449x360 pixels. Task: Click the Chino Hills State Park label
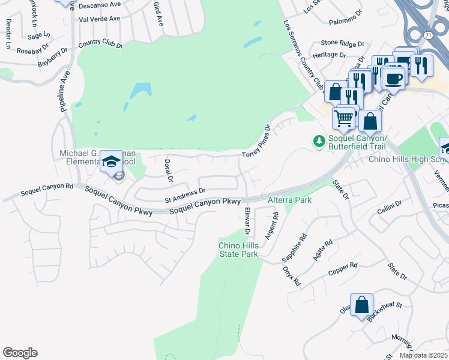click(238, 250)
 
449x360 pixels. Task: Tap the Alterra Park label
click(289, 200)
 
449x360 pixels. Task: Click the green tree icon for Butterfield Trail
click(319, 141)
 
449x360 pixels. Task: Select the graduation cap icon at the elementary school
click(111, 161)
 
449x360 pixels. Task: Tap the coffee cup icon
click(394, 78)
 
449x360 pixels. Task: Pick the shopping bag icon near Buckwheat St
click(362, 305)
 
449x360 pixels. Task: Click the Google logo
click(20, 353)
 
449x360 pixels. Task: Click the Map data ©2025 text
click(423, 355)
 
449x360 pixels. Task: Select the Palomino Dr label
click(346, 22)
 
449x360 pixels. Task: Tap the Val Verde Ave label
click(100, 19)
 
